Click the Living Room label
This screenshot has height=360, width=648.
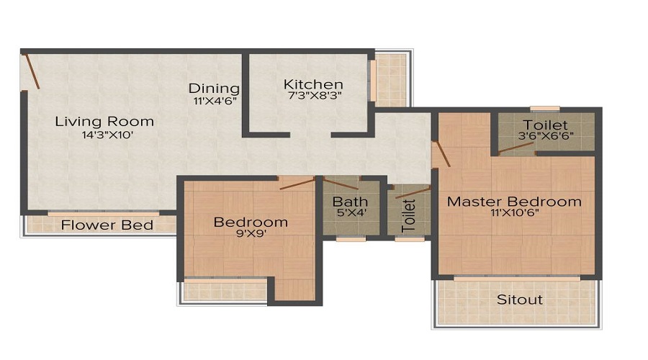(104, 121)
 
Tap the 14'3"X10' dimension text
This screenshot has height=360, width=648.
(104, 134)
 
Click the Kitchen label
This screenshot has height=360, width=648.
(312, 84)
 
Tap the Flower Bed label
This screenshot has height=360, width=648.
(107, 225)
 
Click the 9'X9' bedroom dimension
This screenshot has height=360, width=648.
(251, 234)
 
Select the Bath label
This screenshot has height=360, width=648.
(350, 202)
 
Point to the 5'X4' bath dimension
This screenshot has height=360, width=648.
(350, 213)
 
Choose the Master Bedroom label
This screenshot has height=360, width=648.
(514, 202)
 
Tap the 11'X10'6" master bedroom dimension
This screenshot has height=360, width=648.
(514, 213)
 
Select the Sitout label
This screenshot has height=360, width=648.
(519, 299)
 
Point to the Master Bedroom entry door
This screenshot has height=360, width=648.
(442, 153)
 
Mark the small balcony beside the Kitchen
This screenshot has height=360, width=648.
(392, 79)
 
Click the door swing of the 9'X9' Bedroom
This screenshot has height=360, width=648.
(297, 184)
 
